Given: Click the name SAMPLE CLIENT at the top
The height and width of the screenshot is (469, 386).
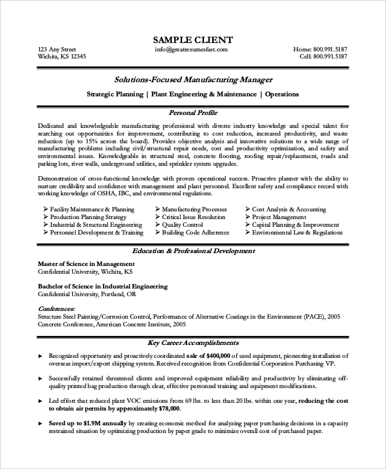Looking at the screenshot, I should [193, 40].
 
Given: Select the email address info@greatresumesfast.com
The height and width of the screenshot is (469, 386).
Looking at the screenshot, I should [193, 49].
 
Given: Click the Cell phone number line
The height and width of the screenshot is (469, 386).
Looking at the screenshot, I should [324, 57].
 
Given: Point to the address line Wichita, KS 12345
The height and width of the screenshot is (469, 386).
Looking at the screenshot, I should [62, 57].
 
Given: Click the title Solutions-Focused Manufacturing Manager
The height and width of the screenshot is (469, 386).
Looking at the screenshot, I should [193, 80].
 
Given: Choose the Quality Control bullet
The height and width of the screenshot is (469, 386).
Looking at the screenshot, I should [183, 225].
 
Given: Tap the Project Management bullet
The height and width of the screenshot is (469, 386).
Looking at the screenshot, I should [279, 217].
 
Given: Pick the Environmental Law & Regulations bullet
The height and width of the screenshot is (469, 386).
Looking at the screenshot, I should [297, 233].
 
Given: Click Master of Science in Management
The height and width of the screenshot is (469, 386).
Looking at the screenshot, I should [86, 263].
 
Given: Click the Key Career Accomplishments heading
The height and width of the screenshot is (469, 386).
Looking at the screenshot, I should [193, 342].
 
